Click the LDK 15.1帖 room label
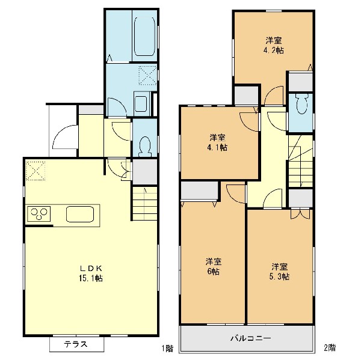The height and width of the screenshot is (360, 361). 91,273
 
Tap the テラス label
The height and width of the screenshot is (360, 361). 76,344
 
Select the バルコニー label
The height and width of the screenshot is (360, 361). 250,338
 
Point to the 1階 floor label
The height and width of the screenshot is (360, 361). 167,348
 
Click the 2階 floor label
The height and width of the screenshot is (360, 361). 330,347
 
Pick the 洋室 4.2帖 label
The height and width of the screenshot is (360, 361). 274,45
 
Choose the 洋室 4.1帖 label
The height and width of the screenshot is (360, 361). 217,142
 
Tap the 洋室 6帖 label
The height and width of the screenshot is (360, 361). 214,266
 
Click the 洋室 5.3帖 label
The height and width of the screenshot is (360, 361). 279,272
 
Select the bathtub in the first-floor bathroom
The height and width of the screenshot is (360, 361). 144,36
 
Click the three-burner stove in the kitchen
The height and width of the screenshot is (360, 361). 39,214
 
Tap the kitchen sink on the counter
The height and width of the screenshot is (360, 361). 80,214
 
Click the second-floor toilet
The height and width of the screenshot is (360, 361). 302,103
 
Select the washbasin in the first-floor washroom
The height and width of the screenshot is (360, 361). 141,104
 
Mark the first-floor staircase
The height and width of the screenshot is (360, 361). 145,203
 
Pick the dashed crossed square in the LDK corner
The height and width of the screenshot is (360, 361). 35,171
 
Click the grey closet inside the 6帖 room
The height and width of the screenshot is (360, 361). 199,191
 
